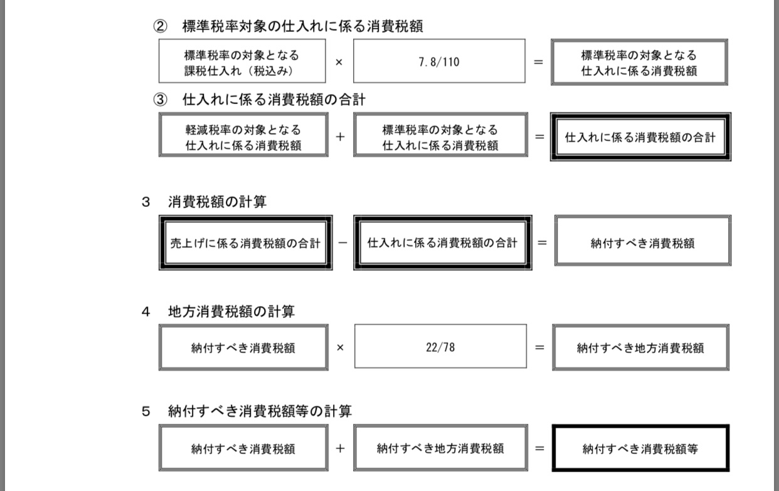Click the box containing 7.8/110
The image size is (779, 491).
[439, 61]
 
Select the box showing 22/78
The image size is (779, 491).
[440, 346]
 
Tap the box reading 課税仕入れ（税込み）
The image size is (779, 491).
[242, 61]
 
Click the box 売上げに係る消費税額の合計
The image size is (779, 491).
[245, 243]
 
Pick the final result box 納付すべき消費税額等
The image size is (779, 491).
[640, 448]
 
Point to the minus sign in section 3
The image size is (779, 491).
[342, 243]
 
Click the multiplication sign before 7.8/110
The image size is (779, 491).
[339, 62]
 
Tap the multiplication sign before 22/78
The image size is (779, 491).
[340, 347]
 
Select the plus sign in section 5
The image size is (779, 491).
[340, 448]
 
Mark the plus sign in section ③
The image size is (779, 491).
[340, 136]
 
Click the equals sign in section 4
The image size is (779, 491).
[539, 347]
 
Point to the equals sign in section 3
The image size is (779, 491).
[542, 243]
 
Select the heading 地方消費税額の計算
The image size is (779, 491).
[231, 311]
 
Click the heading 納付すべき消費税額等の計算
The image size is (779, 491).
[260, 411]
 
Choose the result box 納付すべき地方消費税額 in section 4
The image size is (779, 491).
[640, 347]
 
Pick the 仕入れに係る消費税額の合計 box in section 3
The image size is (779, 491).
[442, 243]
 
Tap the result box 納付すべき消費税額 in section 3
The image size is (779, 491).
[642, 243]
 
